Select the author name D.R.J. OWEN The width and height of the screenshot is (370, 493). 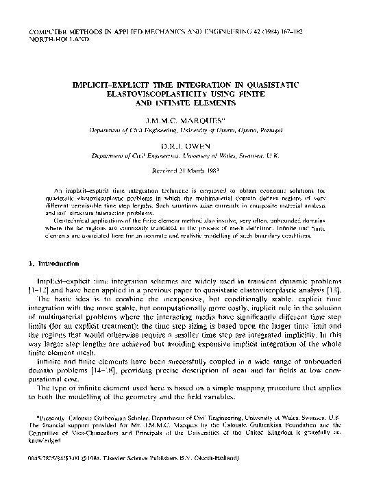[x=185, y=146]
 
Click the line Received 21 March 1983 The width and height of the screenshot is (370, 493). [x=185, y=171]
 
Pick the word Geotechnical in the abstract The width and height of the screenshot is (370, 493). [x=76, y=220]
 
